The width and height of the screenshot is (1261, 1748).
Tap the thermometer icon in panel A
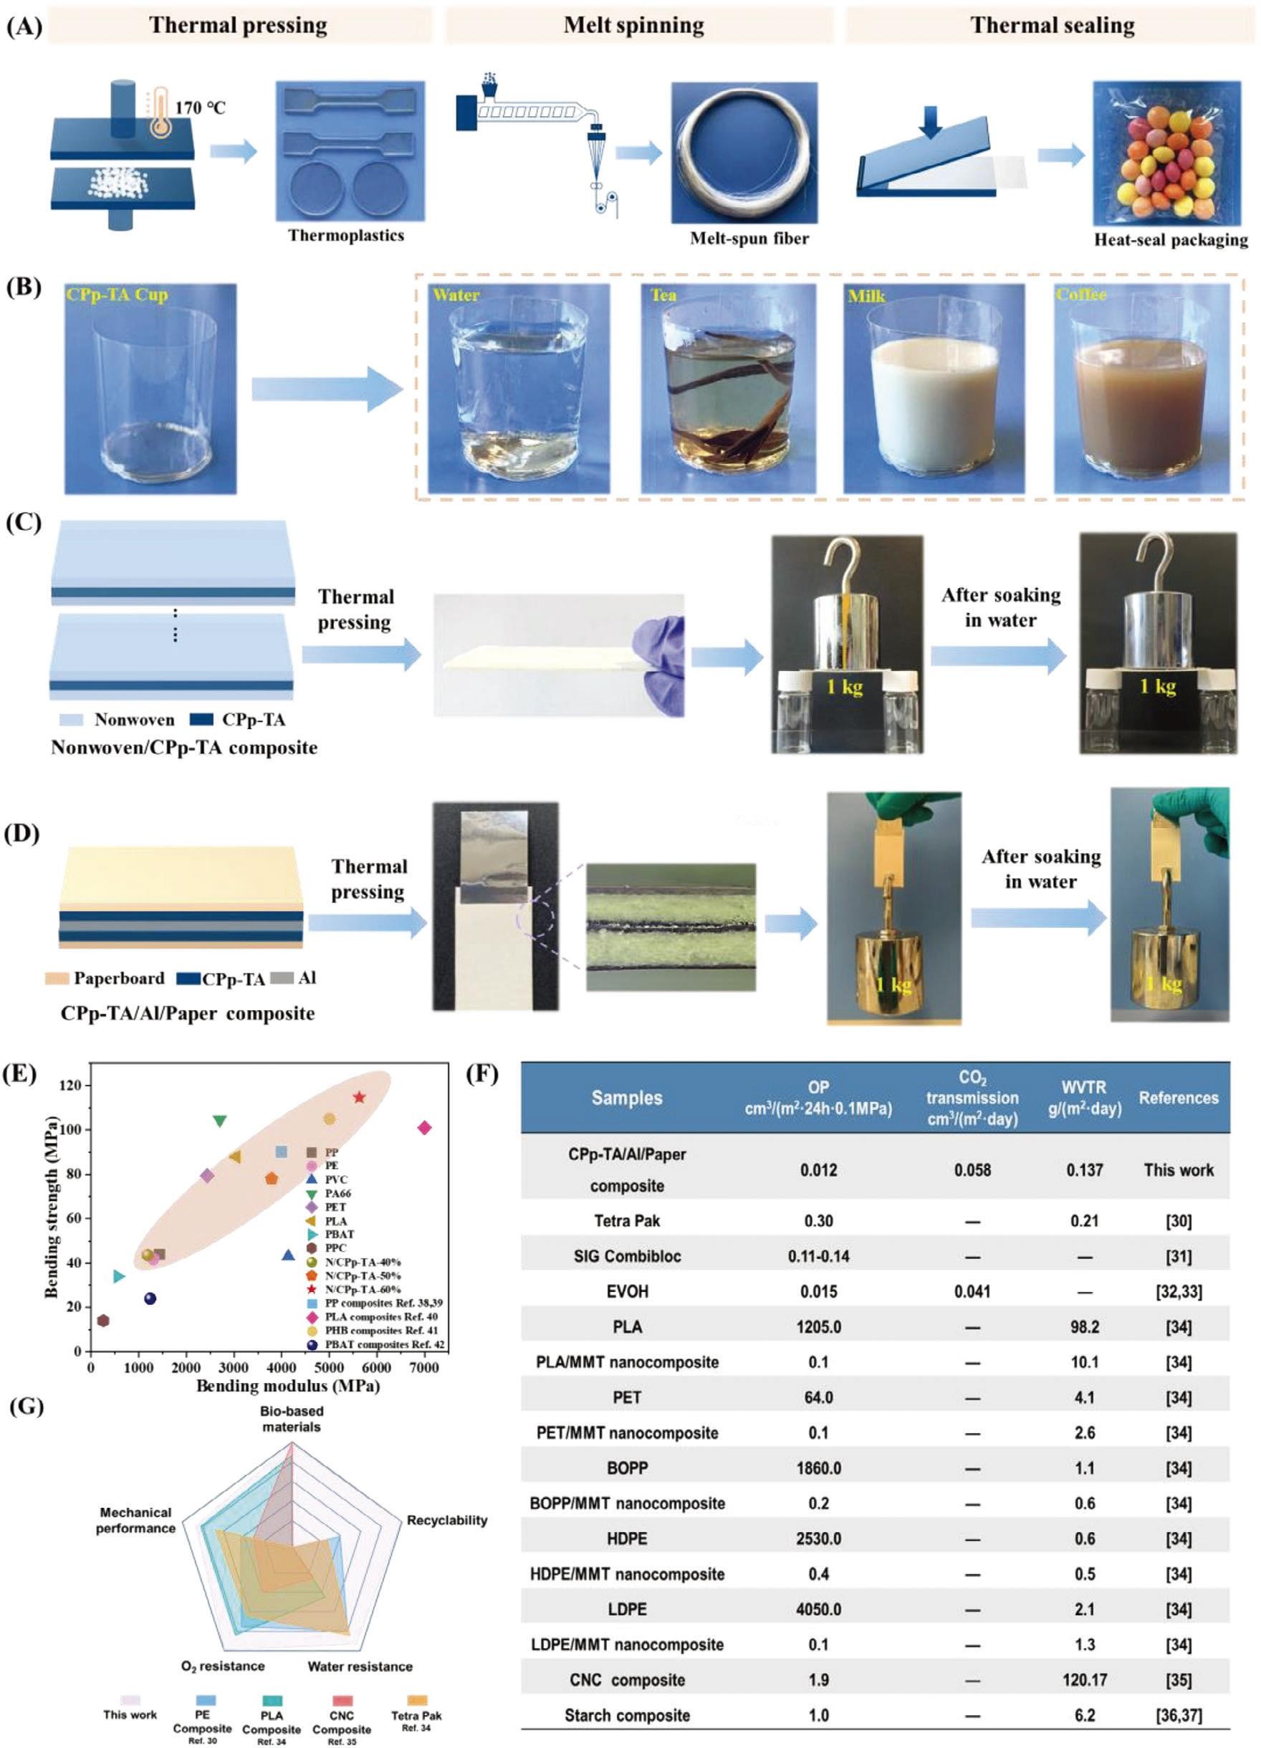click(160, 112)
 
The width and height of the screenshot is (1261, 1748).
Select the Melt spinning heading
click(633, 25)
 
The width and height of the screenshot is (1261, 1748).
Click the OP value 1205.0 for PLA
click(818, 1327)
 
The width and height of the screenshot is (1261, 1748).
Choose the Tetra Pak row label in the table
click(627, 1221)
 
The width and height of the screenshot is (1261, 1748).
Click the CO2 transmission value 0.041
click(972, 1292)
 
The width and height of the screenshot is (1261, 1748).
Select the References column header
click(1178, 1098)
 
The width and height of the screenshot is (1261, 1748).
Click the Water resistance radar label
click(360, 1666)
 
